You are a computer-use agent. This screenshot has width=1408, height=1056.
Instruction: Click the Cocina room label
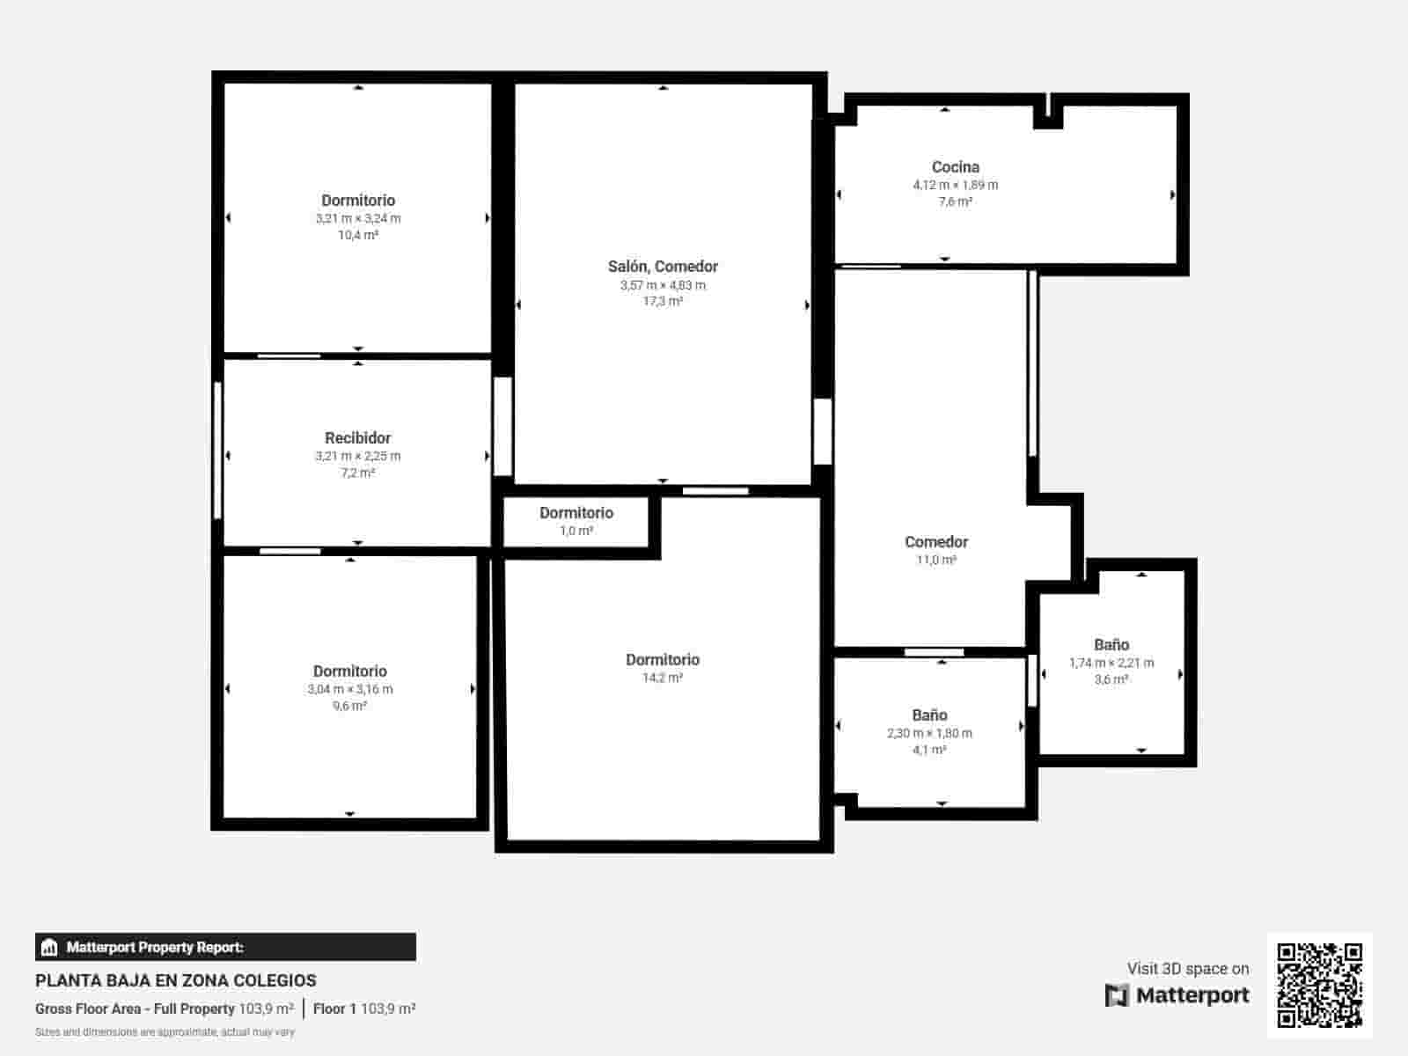coord(955,166)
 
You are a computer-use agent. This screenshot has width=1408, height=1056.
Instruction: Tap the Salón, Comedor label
coord(663,266)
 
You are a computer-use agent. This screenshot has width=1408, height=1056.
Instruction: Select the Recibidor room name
coord(357,437)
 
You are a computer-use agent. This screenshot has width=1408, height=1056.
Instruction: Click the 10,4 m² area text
coord(357,235)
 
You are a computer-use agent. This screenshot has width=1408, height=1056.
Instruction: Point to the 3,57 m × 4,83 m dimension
coord(663,285)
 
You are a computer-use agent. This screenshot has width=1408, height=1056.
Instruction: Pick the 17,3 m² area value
coord(663,301)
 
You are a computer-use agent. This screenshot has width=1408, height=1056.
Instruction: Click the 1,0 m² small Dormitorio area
coord(576,531)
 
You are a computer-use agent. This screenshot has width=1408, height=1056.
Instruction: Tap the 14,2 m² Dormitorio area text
coord(663,678)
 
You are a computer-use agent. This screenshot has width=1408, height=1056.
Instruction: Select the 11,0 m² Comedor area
coord(935,560)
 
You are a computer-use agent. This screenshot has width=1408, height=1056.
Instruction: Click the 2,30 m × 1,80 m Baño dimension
coord(929,733)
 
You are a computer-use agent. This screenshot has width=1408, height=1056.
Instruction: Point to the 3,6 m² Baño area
coord(1111,679)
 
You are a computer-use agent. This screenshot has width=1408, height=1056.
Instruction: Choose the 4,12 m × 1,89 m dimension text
coord(955,185)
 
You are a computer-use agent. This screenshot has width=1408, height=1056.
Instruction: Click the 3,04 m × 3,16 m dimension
coord(349,689)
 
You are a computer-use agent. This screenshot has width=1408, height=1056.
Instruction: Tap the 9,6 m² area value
coord(349,706)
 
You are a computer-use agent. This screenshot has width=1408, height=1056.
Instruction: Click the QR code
coord(1319,985)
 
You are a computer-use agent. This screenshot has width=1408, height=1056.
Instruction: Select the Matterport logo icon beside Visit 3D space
coord(1117,995)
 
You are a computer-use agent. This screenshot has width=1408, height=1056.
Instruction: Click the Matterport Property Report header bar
coord(225,947)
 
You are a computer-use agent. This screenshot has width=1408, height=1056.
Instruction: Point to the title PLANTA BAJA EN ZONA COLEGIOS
coord(176,980)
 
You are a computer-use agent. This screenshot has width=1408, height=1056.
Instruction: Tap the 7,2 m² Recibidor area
coord(357,473)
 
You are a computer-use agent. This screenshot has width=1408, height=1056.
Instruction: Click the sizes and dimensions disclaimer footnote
coord(165,1031)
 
